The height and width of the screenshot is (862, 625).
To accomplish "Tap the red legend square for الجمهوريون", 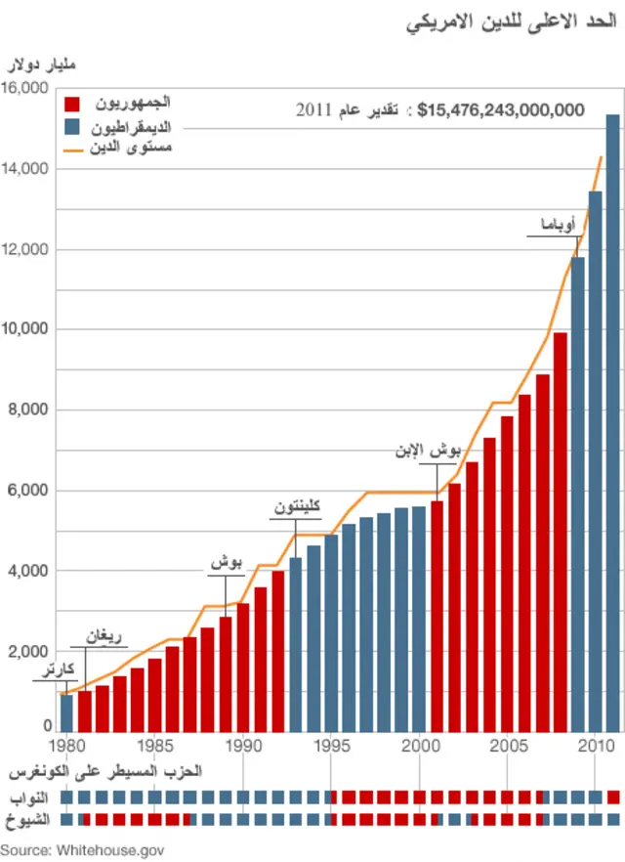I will tap(71, 104).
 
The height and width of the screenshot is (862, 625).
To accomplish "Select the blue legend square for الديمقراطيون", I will tap(71, 127).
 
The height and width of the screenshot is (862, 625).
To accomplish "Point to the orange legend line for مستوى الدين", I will tap(74, 150).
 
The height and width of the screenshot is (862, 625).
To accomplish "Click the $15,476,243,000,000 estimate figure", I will tap(500, 110).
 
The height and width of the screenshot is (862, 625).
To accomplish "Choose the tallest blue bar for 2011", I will tap(613, 420).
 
